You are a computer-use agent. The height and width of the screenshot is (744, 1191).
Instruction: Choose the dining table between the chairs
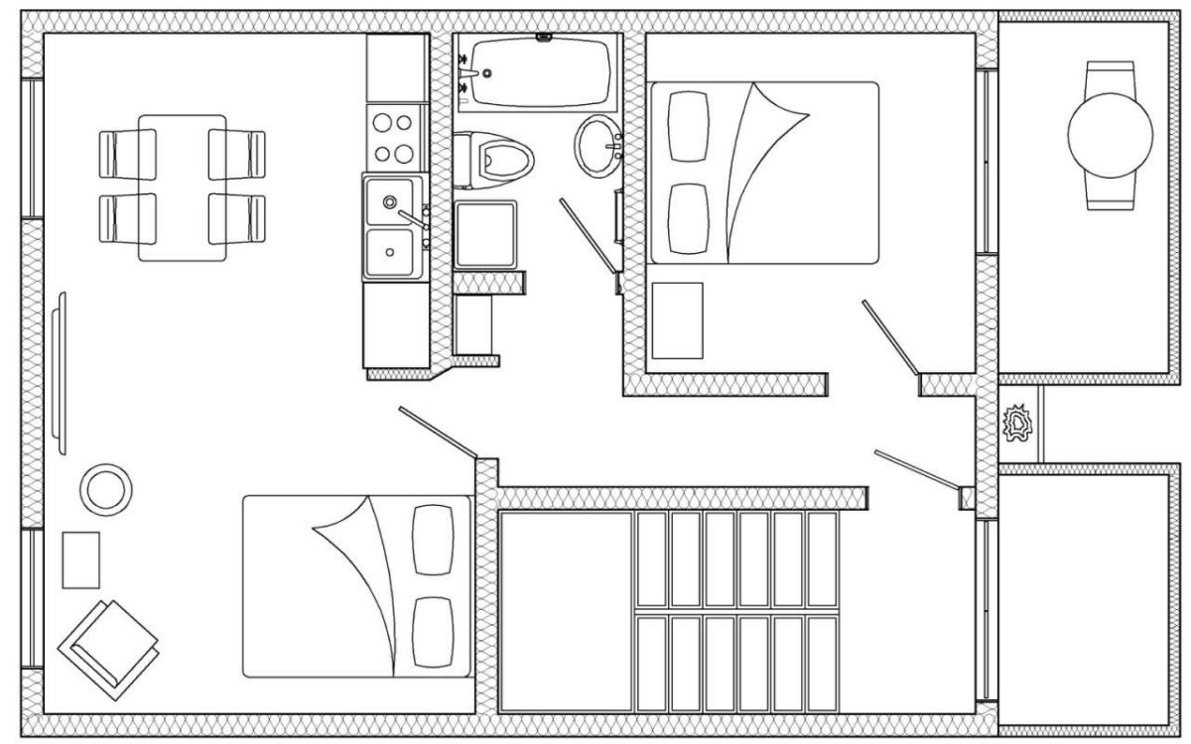tap(183, 187)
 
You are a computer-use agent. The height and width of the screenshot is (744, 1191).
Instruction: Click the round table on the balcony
tap(1110, 136)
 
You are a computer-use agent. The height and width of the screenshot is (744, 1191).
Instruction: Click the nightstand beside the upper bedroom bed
tap(678, 319)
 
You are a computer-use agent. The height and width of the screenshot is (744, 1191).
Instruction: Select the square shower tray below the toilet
tap(485, 234)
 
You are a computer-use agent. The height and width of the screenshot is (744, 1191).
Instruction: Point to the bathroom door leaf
tap(588, 234)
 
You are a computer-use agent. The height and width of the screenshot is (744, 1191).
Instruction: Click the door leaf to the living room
tap(437, 433)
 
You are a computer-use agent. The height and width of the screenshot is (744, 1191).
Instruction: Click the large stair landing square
tap(566, 611)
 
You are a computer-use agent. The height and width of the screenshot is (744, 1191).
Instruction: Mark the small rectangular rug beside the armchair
tap(80, 559)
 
